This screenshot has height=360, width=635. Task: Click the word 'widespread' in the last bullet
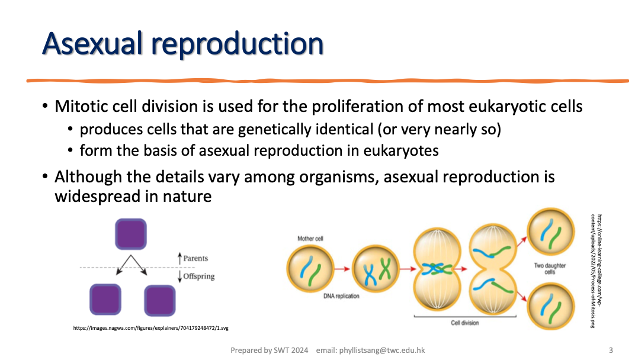coord(105,196)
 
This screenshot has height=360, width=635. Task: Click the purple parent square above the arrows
coord(130,234)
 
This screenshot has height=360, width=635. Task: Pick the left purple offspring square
coord(105,299)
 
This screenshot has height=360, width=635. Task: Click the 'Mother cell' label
coord(310,239)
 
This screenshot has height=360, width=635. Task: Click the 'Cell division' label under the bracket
coord(465,323)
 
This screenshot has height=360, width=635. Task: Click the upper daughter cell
coord(551,231)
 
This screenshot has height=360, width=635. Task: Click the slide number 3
coord(611,350)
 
